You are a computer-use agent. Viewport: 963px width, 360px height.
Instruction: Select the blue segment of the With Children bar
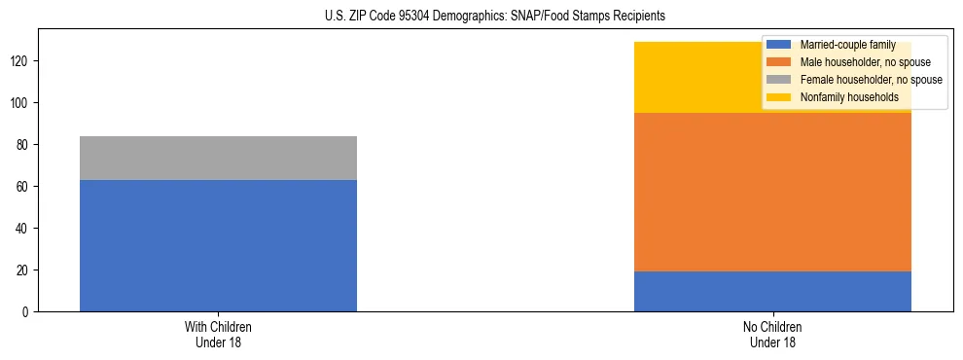click(218, 245)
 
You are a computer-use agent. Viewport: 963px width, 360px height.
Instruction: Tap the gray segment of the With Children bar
click(218, 158)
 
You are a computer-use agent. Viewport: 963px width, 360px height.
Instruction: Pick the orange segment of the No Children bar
click(772, 192)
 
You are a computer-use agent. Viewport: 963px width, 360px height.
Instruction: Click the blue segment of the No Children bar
click(772, 291)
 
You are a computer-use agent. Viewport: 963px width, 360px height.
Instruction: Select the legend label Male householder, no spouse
click(865, 62)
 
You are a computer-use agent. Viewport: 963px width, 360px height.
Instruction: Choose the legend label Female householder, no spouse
click(871, 80)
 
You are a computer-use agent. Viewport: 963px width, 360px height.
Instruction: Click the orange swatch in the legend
click(779, 62)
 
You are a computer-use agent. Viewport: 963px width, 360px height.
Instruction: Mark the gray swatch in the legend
click(779, 80)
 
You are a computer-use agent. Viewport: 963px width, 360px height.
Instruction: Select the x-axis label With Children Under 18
click(218, 334)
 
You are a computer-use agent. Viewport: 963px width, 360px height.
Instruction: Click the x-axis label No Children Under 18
click(772, 334)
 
